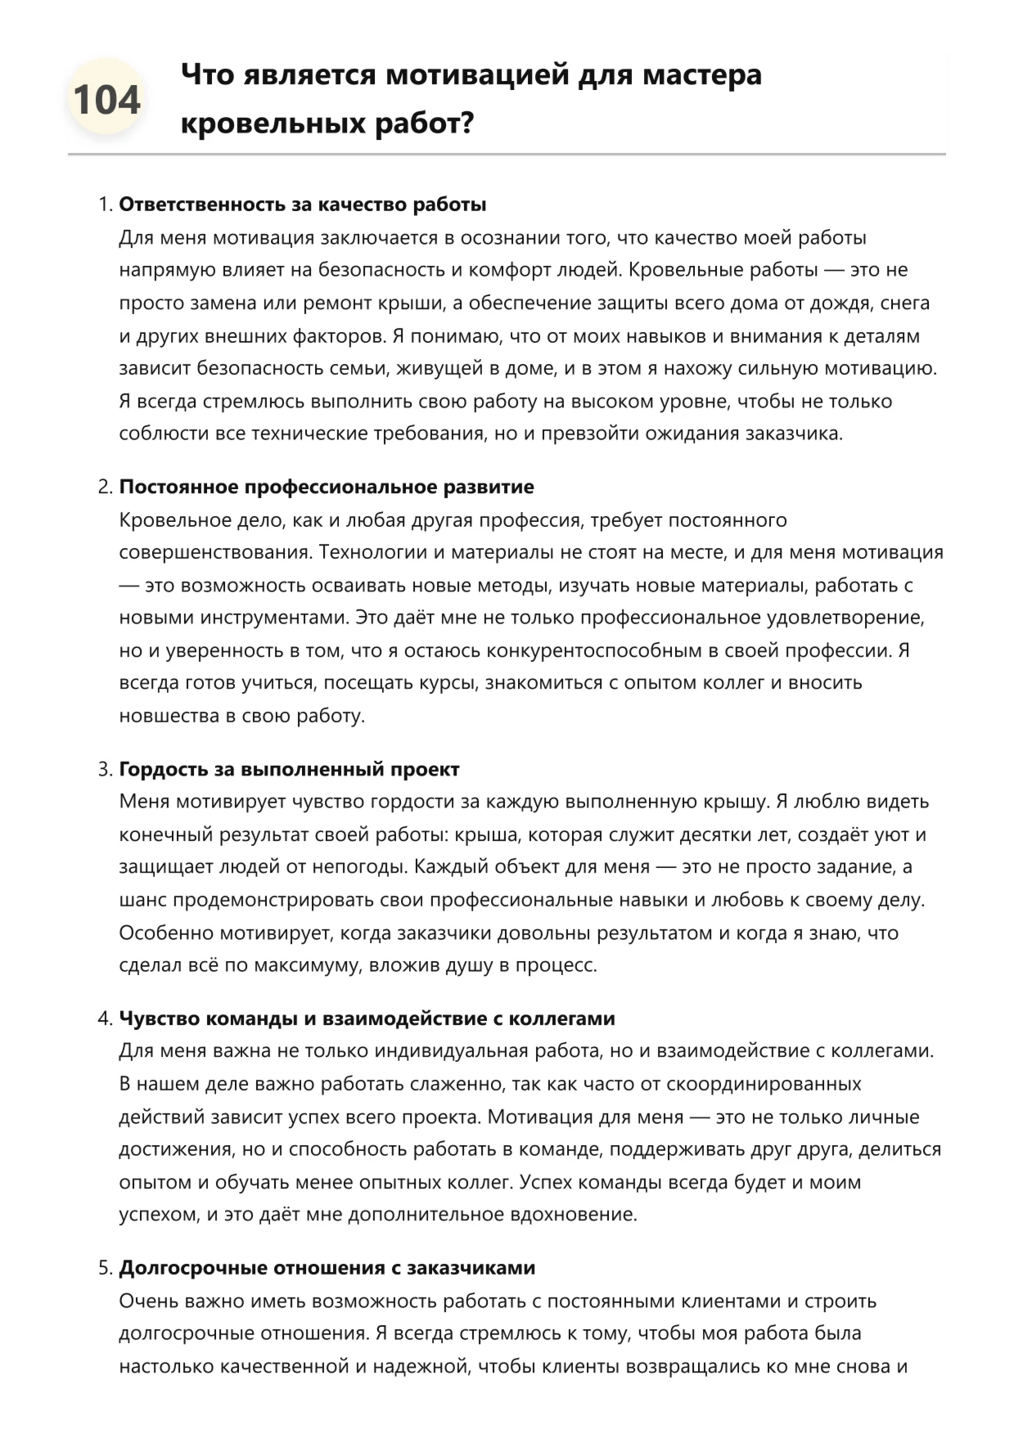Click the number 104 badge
(106, 100)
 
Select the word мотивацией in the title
(477, 74)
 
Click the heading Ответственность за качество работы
(302, 205)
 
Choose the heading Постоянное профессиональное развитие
(326, 487)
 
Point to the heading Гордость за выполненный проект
(289, 769)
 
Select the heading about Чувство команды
(367, 1018)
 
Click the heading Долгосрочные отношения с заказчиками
(327, 1268)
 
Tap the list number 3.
(104, 769)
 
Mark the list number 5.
(104, 1268)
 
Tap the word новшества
(169, 716)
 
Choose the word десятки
(687, 834)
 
